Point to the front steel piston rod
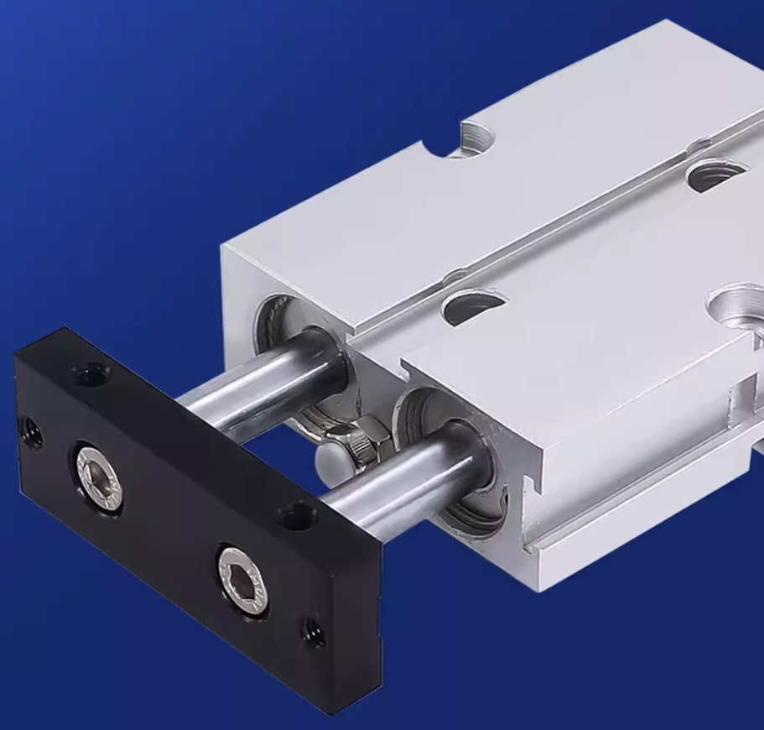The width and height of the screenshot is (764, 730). click(x=394, y=478)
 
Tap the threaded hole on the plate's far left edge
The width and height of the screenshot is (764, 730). click(x=33, y=432)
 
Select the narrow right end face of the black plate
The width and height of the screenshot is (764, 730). click(x=351, y=638)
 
